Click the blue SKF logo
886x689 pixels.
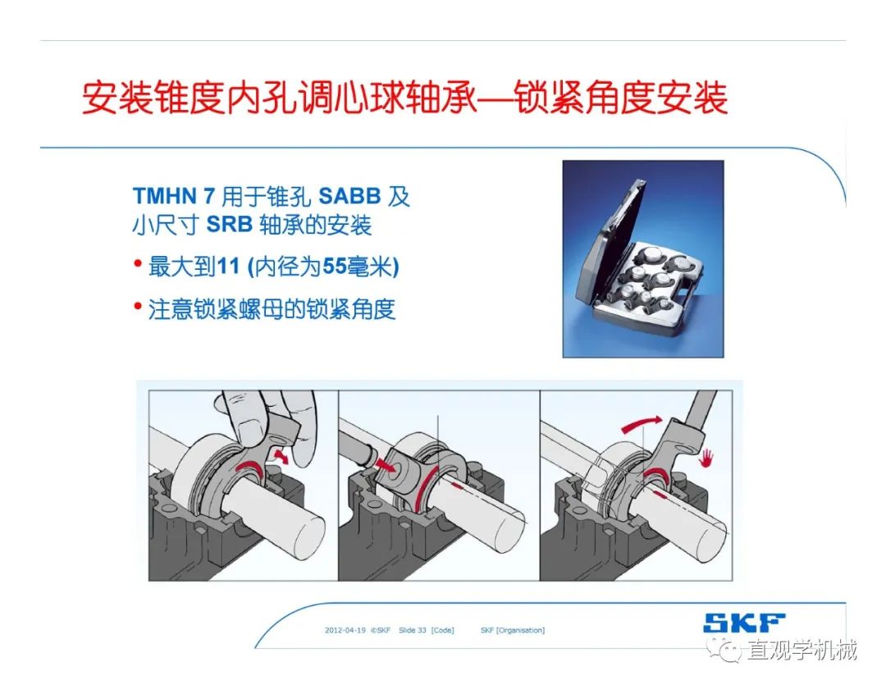point(743,623)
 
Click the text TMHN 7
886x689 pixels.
point(173,196)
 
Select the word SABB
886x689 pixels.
point(349,196)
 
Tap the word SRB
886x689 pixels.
point(229,224)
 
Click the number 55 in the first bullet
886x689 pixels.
point(335,266)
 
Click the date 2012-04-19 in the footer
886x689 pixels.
point(345,630)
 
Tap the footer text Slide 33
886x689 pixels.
point(412,630)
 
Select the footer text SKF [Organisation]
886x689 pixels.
point(513,630)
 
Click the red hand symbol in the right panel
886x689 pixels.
point(706,458)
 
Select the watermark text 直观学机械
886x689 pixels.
point(802,650)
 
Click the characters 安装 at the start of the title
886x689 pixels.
point(117,98)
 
